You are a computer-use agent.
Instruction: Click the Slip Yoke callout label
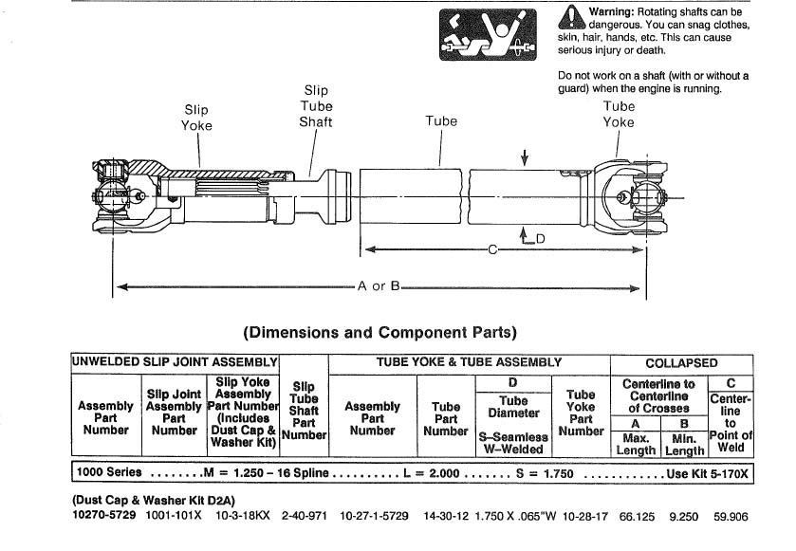coord(196,118)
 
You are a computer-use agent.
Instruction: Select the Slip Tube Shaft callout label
coord(316,106)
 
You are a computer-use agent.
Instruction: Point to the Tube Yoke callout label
coord(619,114)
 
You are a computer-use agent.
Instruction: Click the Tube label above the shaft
coord(441,120)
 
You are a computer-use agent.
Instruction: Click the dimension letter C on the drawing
coord(492,249)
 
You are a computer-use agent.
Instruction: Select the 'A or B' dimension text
coord(379,285)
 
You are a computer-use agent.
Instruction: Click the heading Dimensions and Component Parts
coord(379,333)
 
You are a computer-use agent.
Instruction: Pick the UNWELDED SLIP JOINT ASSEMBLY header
coord(175,362)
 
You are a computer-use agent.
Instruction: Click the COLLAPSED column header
coord(681,363)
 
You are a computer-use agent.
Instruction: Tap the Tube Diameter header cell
coord(513,407)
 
